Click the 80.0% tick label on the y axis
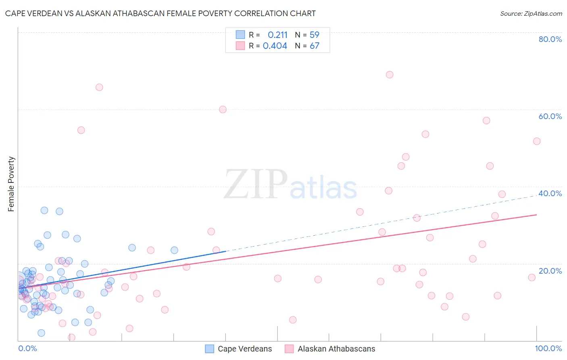point(550,39)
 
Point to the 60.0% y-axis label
point(550,116)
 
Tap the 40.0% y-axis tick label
point(550,193)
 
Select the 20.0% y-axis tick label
point(550,270)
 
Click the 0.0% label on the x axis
point(27,348)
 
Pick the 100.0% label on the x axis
point(548,348)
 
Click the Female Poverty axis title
point(11,184)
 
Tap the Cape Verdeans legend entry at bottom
point(245,349)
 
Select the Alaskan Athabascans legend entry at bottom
point(336,349)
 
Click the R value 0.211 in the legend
point(277,35)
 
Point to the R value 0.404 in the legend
point(275,46)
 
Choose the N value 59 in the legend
point(315,35)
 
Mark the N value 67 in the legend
point(315,46)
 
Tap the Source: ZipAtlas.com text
point(531,13)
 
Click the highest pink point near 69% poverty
point(390,75)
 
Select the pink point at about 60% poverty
point(223,109)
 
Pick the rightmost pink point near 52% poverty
point(537,141)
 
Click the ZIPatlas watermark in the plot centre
point(290,185)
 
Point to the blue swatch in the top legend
point(240,35)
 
